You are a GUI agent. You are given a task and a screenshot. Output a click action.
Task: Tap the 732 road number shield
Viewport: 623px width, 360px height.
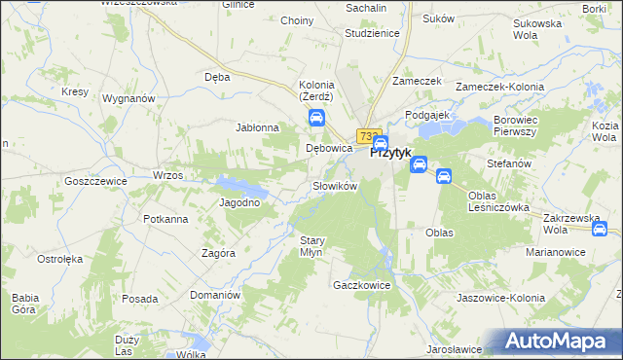click(x=367, y=137)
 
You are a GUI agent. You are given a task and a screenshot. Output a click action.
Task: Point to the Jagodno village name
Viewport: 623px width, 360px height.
click(x=239, y=202)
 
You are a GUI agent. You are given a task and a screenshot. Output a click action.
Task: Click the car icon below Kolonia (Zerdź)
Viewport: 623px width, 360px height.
click(x=317, y=119)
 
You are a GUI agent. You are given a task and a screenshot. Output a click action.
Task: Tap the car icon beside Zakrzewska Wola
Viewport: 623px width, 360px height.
click(x=600, y=230)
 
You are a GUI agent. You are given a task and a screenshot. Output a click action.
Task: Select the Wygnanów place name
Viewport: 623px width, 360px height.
click(x=129, y=98)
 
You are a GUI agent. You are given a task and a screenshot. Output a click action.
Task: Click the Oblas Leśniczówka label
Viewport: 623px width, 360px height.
click(x=497, y=200)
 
